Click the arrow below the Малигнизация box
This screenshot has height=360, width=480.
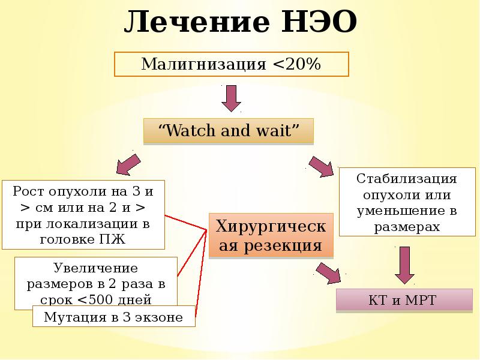tap(231, 98)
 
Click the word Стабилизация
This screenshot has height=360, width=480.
tap(407, 179)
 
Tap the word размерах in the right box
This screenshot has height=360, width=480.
tap(407, 227)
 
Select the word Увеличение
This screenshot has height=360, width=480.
tap(96, 268)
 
